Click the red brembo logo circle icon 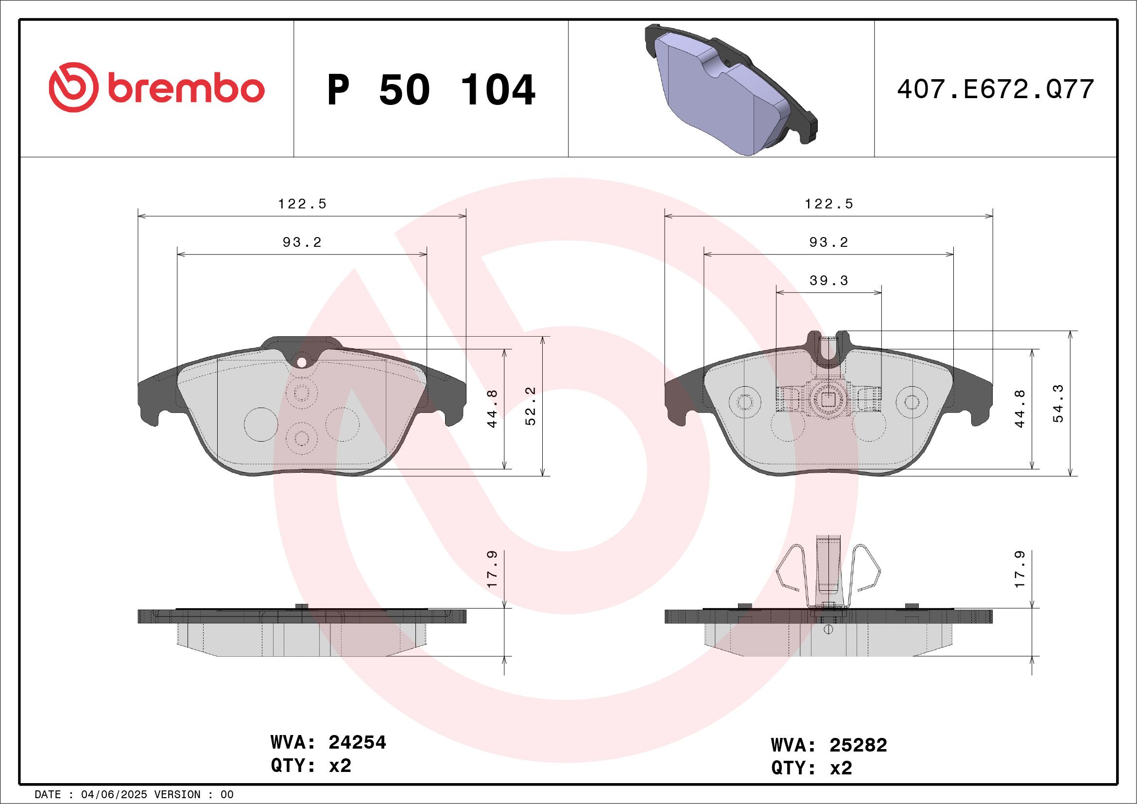[x=73, y=87]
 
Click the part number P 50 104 [x=431, y=90]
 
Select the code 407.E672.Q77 [x=996, y=89]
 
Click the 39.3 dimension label [x=828, y=281]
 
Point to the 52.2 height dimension [x=531, y=406]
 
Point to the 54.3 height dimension [x=1058, y=404]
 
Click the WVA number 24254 [x=357, y=742]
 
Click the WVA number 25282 [x=858, y=745]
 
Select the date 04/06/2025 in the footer [x=114, y=795]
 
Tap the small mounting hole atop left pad [x=301, y=362]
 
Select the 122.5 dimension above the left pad [x=302, y=204]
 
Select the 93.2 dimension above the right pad [x=828, y=242]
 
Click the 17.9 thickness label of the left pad [x=492, y=569]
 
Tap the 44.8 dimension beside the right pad [x=1019, y=409]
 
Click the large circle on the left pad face [x=261, y=424]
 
